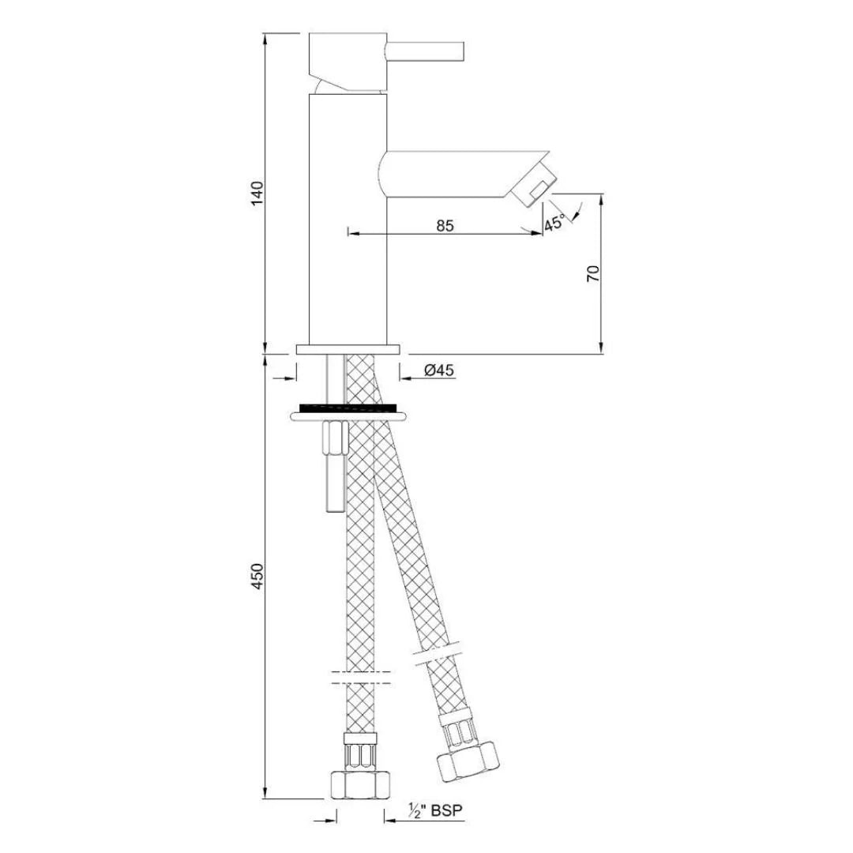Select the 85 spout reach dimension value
coord(445,225)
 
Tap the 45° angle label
coord(554,223)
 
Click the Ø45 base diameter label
coord(438,370)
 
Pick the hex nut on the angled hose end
coord(468,758)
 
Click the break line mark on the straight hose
coord(359,677)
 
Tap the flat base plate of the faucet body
coord(348,349)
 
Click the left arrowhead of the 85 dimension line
coord(352,234)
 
